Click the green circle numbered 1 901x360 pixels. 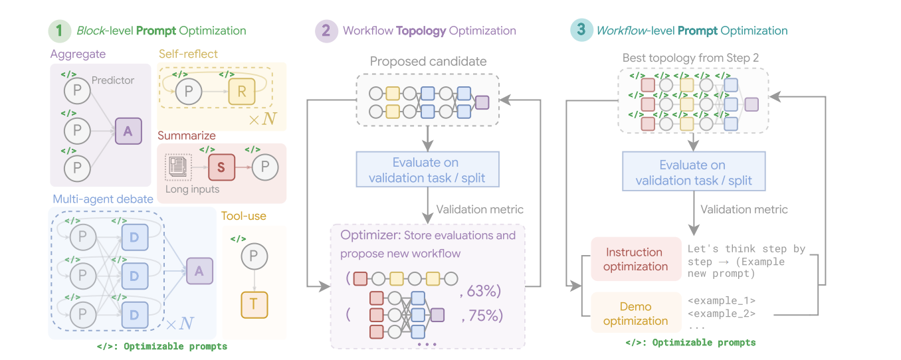pyautogui.click(x=59, y=31)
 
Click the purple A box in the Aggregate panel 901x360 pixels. pyautogui.click(x=128, y=131)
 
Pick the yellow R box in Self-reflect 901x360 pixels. pyautogui.click(x=242, y=92)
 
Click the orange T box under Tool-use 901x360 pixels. pyautogui.click(x=254, y=305)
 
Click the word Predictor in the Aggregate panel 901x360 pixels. pyautogui.click(x=113, y=80)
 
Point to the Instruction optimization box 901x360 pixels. pyautogui.click(x=635, y=259)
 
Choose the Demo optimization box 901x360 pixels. pyautogui.click(x=635, y=314)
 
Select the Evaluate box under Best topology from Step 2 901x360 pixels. pyautogui.click(x=693, y=173)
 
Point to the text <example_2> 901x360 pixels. pyautogui.click(x=722, y=314)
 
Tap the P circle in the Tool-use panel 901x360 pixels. pyautogui.click(x=254, y=256)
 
